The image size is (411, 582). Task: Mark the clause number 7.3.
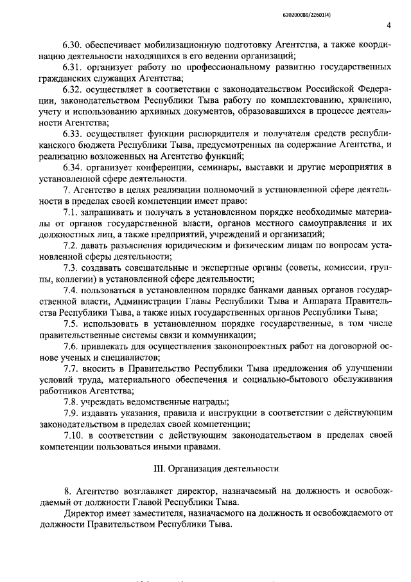(x=71, y=268)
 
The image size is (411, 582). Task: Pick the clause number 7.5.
(x=71, y=323)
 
